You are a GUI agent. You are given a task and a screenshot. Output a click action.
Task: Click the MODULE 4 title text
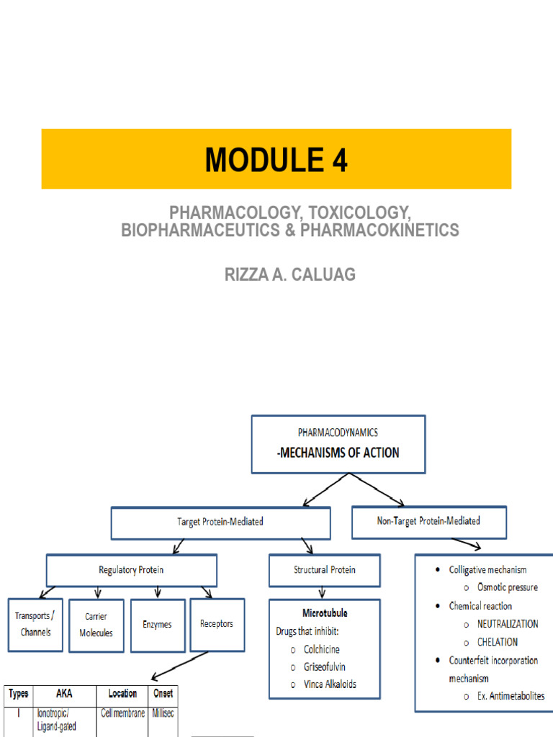coord(276,160)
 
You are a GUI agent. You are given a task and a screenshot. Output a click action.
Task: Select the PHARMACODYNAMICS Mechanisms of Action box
coord(349,443)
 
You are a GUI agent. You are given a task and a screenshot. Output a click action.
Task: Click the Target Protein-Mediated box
coord(220,523)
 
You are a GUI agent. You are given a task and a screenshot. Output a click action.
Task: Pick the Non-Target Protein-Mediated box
coord(428,521)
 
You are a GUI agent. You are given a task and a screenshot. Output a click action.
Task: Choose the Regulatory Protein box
coord(131,570)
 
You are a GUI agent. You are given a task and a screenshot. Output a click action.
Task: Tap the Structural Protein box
coord(324,570)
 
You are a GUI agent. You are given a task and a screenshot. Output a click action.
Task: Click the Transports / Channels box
coord(34,624)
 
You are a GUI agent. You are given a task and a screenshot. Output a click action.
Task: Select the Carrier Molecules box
coord(96,625)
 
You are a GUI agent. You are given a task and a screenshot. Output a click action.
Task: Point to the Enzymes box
coord(157,625)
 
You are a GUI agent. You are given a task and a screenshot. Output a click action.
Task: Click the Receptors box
coord(217,624)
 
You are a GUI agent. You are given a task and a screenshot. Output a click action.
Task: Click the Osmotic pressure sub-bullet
coord(507,587)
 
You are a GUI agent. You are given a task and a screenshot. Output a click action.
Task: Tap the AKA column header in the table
coord(64,694)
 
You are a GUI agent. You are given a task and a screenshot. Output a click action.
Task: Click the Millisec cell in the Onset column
coord(163,713)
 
